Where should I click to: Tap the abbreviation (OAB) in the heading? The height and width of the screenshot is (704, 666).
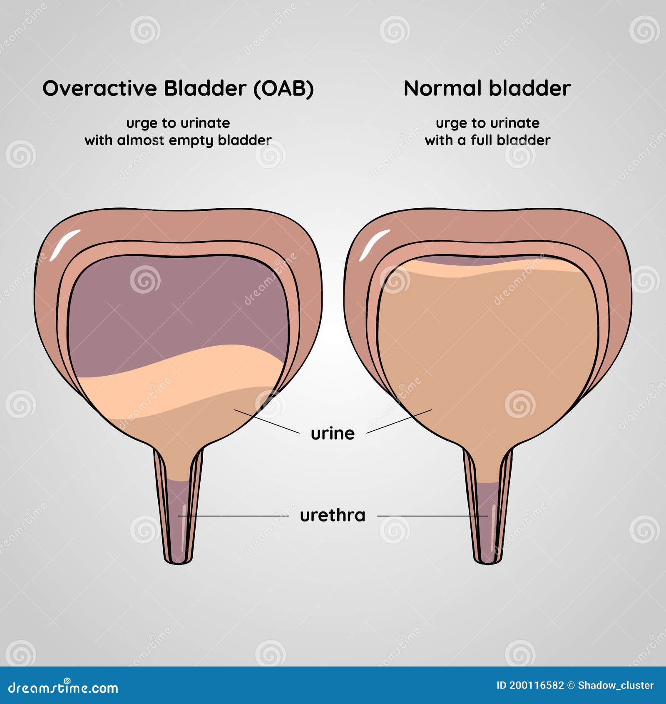pyautogui.click(x=283, y=89)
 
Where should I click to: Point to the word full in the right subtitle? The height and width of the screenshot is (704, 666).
pyautogui.click(x=481, y=140)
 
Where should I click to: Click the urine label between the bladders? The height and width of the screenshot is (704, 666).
pyautogui.click(x=333, y=434)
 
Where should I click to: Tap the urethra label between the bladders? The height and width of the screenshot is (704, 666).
pyautogui.click(x=333, y=516)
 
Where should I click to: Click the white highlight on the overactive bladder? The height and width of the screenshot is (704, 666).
pyautogui.click(x=65, y=245)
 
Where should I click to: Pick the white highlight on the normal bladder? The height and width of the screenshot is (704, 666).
pyautogui.click(x=374, y=245)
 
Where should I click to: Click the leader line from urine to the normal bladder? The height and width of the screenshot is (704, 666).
pyautogui.click(x=399, y=421)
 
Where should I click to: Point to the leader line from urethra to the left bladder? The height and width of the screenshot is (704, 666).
pyautogui.click(x=234, y=516)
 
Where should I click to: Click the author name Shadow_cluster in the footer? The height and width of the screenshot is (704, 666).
pyautogui.click(x=616, y=686)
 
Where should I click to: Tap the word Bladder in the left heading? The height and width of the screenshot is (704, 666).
pyautogui.click(x=205, y=88)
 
